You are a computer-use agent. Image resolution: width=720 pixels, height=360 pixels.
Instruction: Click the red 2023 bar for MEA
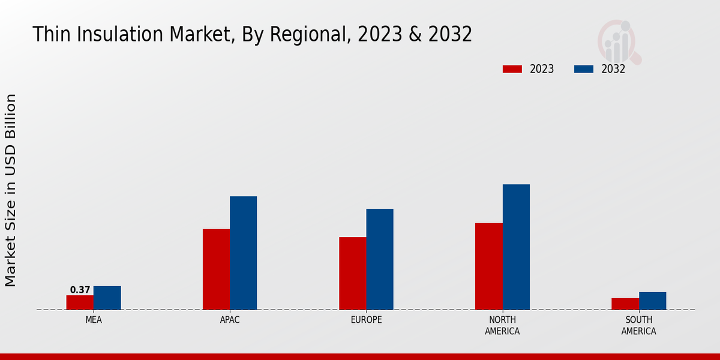(x=80, y=302)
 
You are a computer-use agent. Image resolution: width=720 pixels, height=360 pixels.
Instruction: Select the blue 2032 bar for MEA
(x=107, y=298)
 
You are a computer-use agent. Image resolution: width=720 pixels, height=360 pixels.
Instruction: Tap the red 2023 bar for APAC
(x=216, y=269)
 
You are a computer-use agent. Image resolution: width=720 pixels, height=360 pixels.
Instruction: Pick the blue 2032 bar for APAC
(x=243, y=253)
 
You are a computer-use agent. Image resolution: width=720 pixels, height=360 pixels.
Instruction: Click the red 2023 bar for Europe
(x=352, y=274)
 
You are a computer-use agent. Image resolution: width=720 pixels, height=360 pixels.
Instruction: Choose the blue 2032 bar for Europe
(x=380, y=259)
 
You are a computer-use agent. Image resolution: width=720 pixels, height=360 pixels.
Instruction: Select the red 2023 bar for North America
(x=489, y=266)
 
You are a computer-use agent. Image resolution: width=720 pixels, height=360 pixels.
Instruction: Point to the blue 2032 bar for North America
(x=516, y=247)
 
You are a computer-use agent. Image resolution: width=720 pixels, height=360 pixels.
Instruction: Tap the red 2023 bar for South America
(x=625, y=304)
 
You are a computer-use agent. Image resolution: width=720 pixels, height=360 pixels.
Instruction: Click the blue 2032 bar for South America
(x=652, y=301)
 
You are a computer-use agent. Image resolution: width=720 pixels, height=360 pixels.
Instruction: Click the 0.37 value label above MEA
(x=80, y=290)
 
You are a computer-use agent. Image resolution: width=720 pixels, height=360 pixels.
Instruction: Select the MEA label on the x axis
(x=94, y=320)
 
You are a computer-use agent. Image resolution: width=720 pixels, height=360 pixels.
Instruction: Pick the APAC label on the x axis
(x=230, y=320)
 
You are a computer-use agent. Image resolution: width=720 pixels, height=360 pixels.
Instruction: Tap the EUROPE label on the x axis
(x=366, y=320)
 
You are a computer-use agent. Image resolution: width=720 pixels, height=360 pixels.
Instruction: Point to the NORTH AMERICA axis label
(x=503, y=325)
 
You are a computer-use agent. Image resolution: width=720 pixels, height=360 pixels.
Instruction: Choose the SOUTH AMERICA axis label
(x=638, y=325)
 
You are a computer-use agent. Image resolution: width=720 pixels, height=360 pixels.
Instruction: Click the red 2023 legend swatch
(x=512, y=69)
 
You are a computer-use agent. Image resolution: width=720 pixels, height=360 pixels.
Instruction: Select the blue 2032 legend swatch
(x=584, y=69)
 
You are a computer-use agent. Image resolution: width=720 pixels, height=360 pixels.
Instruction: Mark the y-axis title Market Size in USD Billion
(x=11, y=190)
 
